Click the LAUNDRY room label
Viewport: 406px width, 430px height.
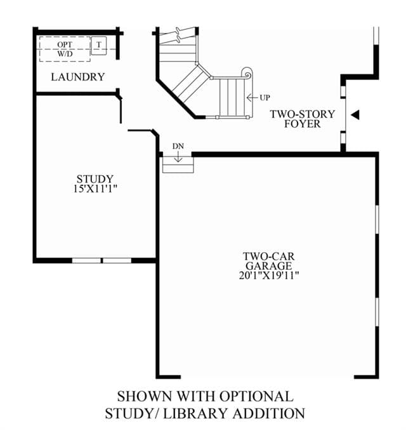tap(78, 77)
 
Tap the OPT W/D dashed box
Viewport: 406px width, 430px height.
tap(65, 49)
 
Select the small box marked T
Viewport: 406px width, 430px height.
tap(98, 46)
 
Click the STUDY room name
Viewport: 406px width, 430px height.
tap(95, 179)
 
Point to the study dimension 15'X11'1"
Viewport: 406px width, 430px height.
tap(95, 189)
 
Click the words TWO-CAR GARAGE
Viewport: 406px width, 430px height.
tap(269, 261)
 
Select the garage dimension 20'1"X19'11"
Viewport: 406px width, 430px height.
tap(269, 275)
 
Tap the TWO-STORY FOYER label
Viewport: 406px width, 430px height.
tap(303, 119)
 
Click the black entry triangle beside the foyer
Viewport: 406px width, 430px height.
tap(355, 114)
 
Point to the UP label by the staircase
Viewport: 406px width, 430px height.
tap(265, 98)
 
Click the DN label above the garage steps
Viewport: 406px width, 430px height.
tap(178, 147)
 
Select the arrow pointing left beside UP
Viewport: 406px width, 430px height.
tap(252, 98)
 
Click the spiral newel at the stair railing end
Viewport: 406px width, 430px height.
tap(247, 74)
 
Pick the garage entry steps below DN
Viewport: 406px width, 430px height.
tap(178, 165)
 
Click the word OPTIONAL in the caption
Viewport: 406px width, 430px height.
tap(256, 396)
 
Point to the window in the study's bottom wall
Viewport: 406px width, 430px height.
tap(101, 260)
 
